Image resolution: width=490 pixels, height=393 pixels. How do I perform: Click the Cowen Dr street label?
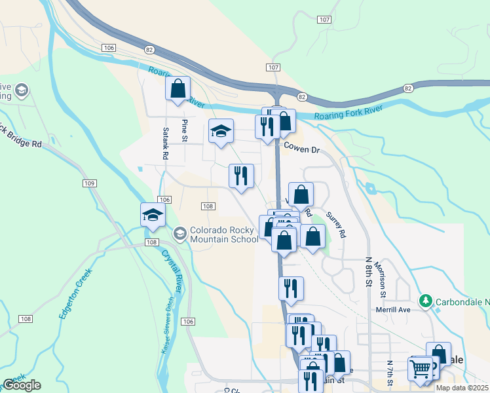pos(301,149)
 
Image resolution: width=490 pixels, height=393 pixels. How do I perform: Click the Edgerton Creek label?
pos(73,296)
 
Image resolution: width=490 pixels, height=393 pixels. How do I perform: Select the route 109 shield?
pos(90,183)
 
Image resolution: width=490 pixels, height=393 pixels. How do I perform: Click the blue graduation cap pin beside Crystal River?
pos(153,215)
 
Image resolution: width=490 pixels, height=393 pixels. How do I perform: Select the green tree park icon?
pos(426,301)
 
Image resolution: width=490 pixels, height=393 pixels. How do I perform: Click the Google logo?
pos(22,385)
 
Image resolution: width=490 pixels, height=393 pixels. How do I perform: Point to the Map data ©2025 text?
pos(462,388)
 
